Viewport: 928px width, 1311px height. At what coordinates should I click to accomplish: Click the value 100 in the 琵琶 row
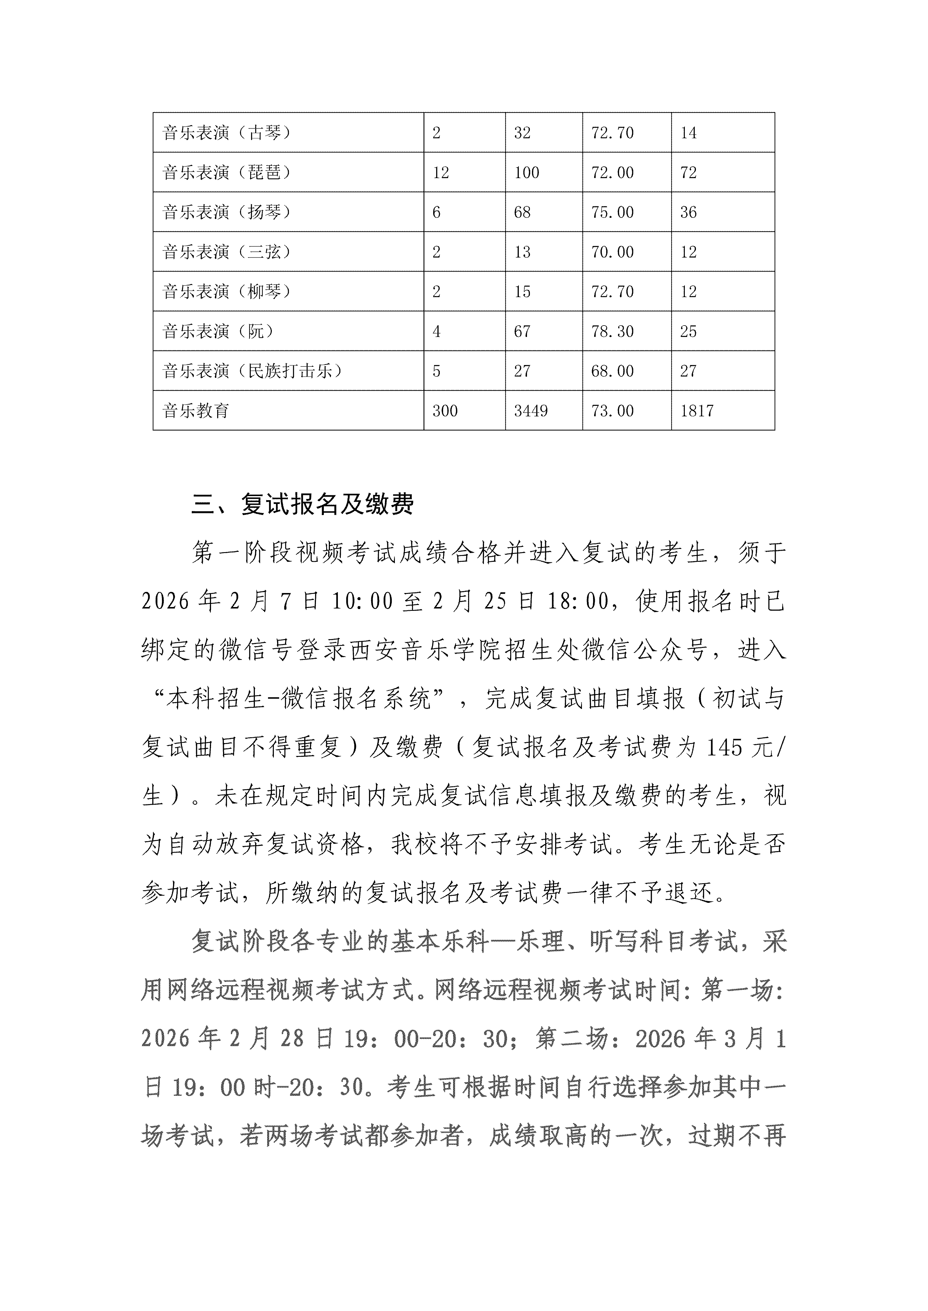tap(526, 173)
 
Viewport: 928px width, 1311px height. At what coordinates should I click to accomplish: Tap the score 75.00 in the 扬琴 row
tap(612, 212)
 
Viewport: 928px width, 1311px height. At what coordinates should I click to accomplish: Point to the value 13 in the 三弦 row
tap(522, 252)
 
